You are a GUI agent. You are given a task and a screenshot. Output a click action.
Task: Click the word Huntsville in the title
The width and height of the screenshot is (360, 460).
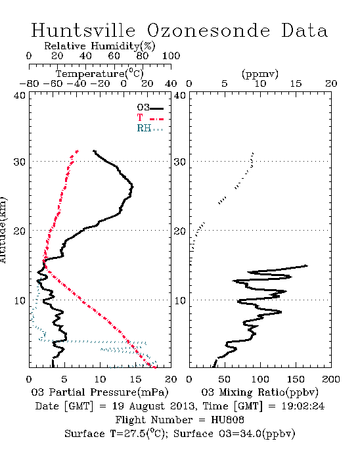[x=83, y=30]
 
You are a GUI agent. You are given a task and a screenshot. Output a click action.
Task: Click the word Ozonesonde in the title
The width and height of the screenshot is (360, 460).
[x=208, y=30]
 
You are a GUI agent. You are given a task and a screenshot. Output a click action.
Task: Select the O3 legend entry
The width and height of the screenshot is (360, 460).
[x=150, y=108]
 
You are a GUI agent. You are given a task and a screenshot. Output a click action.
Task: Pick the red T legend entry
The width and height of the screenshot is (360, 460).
[x=150, y=118]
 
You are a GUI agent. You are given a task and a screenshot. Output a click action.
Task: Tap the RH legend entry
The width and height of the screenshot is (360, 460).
[x=150, y=128]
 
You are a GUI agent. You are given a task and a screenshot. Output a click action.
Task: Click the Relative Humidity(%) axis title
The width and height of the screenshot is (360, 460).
[x=100, y=46]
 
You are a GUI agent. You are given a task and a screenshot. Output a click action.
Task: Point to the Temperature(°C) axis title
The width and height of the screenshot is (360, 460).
[x=100, y=74]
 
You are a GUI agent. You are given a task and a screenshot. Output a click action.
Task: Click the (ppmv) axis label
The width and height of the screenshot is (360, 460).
[x=260, y=74]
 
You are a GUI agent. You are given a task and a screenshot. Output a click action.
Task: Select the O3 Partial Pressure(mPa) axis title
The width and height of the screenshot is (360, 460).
[x=100, y=392]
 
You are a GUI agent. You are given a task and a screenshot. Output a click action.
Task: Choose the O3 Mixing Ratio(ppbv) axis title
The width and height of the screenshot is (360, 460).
[x=259, y=392]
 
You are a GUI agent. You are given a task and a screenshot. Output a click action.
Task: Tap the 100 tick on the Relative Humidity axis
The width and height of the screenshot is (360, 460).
[x=171, y=56]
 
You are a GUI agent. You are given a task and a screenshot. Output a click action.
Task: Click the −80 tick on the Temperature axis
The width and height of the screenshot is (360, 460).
[x=29, y=84]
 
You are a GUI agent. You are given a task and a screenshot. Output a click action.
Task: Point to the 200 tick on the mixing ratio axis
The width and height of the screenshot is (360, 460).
[x=331, y=379]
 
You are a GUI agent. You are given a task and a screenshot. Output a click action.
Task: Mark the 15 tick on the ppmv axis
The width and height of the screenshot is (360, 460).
[x=296, y=84]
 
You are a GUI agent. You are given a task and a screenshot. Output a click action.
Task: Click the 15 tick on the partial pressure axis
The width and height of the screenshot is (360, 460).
[x=135, y=379]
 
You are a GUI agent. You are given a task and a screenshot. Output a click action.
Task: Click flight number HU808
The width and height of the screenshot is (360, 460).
[x=227, y=420]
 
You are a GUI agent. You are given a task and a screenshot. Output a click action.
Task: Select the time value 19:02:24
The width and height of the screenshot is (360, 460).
[x=303, y=406]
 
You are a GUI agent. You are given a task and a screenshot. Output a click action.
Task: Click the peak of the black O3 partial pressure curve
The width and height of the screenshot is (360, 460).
[x=133, y=187]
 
